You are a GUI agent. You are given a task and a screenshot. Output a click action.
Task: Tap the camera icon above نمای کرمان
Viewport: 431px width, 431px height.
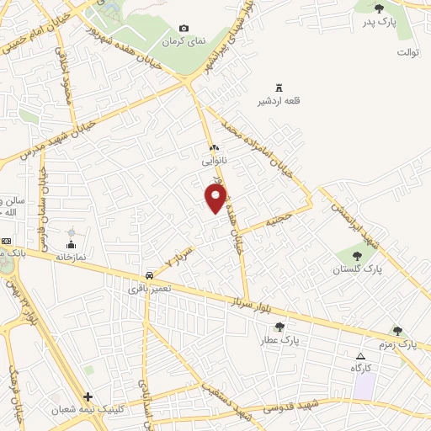point(184,29)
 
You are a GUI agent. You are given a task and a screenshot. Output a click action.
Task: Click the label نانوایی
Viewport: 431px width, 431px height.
point(213,158)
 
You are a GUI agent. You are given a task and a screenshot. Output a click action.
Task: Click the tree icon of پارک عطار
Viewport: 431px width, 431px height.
point(280,327)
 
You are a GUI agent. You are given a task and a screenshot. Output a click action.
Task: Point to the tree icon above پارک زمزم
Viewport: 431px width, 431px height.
point(398,332)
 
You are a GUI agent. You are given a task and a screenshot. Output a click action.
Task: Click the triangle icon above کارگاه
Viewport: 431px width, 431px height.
point(360,356)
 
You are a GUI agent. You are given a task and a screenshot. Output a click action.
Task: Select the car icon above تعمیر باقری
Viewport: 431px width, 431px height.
point(149,275)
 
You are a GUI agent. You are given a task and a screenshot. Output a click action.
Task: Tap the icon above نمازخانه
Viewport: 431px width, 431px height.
point(70,232)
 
